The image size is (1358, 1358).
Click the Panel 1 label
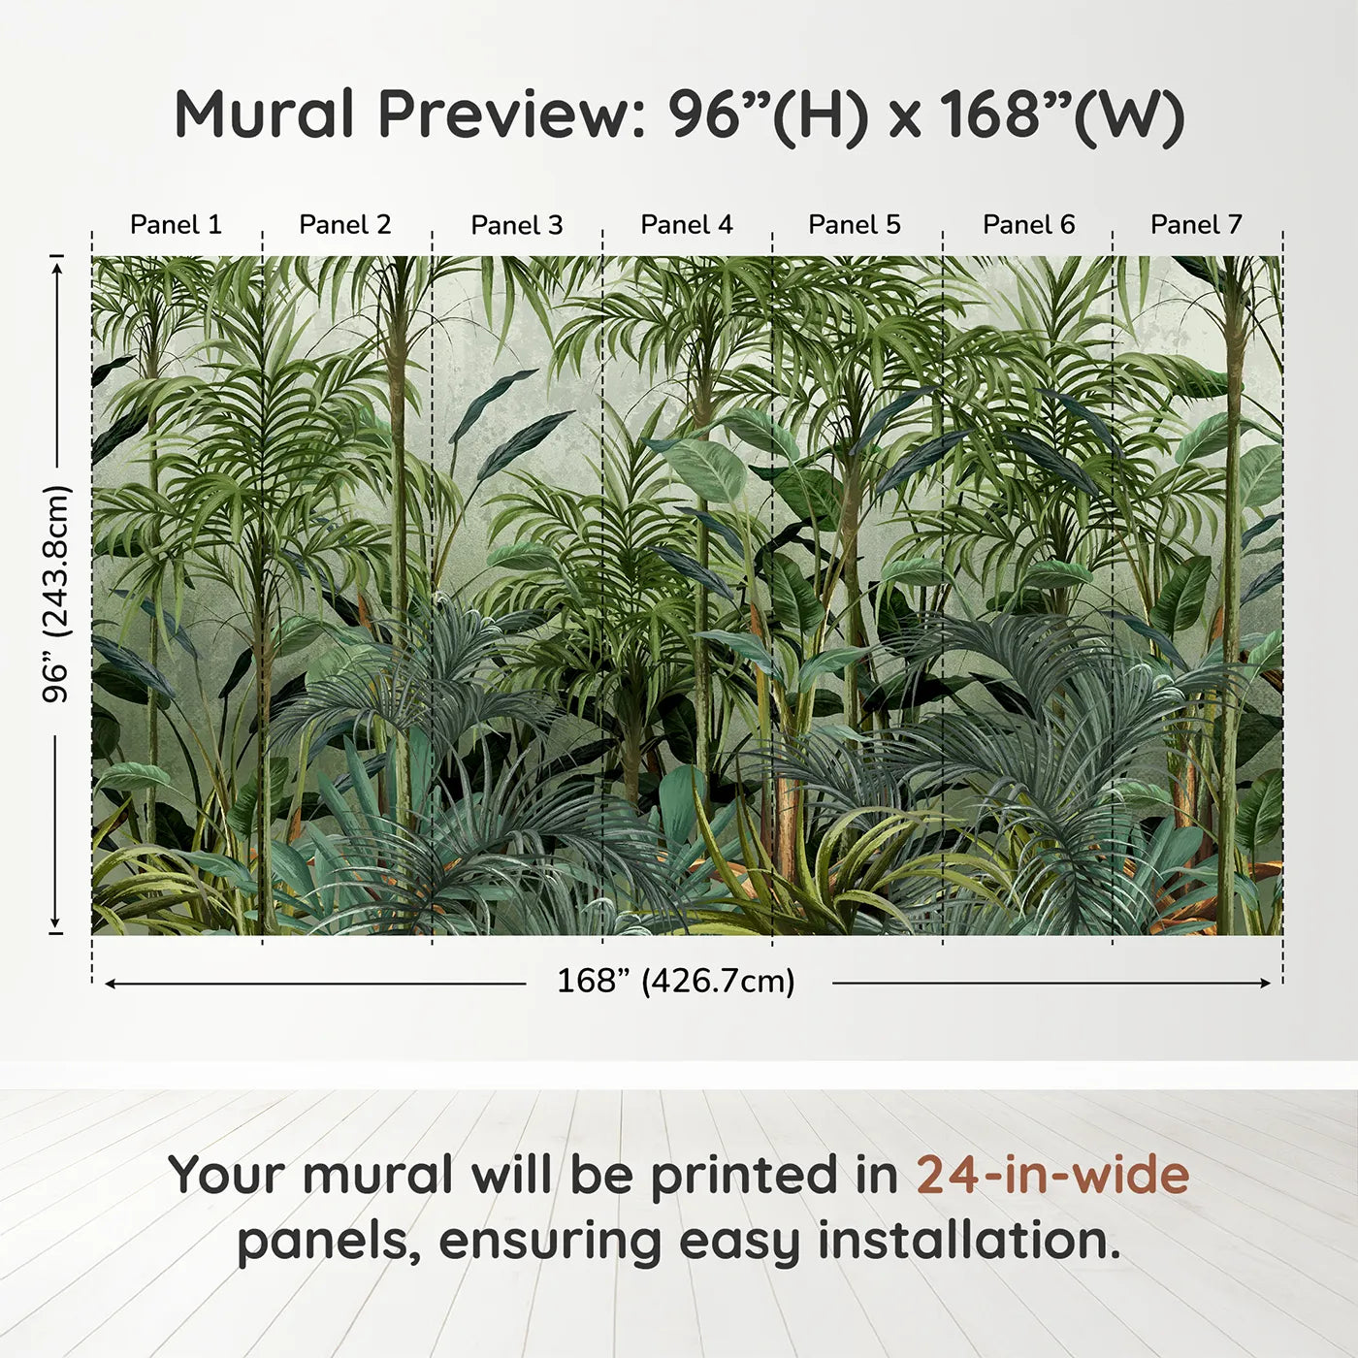coord(176,225)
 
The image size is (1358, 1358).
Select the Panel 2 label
coord(344,225)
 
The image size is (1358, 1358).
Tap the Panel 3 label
coord(517,225)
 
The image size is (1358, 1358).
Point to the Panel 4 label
coord(687,225)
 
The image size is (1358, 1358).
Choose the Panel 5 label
coord(855,225)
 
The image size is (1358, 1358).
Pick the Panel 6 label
coord(1029,225)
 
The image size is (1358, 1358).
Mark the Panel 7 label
coord(1196,225)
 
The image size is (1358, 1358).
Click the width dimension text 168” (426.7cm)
coord(676,981)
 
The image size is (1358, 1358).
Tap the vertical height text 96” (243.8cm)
coord(55,594)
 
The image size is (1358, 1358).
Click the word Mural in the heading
coord(264,114)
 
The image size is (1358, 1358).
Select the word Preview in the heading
coord(504,114)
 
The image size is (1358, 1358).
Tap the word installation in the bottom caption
coord(969,1240)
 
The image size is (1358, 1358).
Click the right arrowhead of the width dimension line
coord(1266,983)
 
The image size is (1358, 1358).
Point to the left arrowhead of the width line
coord(110,983)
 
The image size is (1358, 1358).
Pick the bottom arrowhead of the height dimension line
coord(56,922)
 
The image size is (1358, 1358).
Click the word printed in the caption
coord(772,1177)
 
